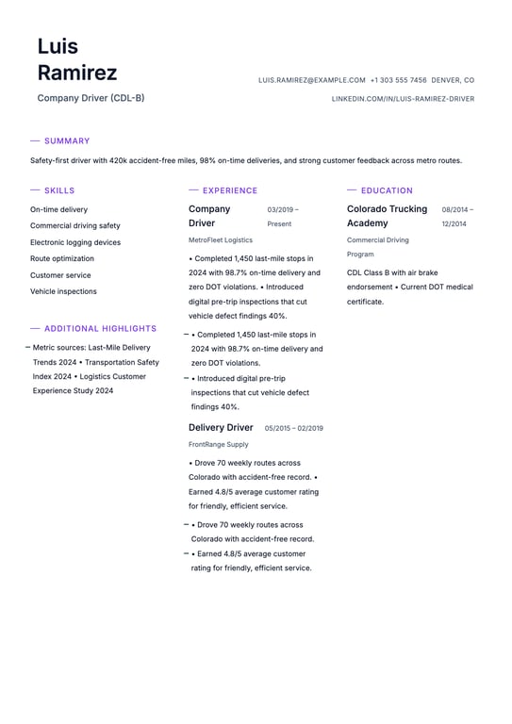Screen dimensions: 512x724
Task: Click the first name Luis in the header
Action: [x=58, y=46]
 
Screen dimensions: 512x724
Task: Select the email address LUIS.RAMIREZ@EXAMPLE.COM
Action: [x=311, y=81]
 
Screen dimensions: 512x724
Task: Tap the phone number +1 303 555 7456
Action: [x=398, y=81]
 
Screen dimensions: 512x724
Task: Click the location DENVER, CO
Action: [x=453, y=81]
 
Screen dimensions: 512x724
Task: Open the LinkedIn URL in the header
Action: [x=403, y=99]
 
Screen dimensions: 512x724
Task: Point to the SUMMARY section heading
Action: [x=67, y=141]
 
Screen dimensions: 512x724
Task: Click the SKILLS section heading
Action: [x=59, y=190]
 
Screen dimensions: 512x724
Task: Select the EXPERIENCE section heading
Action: [x=229, y=190]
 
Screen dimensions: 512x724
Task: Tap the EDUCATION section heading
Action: [x=387, y=190]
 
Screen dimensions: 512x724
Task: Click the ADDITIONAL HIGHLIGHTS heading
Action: [x=100, y=329]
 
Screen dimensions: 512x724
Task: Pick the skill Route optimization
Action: [x=62, y=258]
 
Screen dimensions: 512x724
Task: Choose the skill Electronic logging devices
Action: [x=75, y=242]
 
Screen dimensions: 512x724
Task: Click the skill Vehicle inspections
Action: [x=63, y=291]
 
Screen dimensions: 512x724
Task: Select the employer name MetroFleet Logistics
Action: [x=221, y=240]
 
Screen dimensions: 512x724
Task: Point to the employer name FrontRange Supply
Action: [x=219, y=444]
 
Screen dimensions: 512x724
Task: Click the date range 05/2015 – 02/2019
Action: [x=293, y=428]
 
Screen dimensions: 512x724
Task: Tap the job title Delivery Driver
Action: [x=221, y=427]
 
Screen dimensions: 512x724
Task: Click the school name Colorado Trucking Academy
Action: [x=387, y=216]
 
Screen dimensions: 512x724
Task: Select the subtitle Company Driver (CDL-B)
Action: [x=91, y=98]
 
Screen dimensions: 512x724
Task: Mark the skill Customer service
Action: [x=60, y=275]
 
